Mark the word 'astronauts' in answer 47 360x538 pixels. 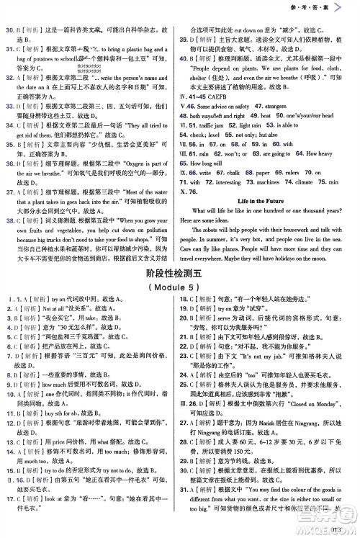[x=297, y=105]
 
